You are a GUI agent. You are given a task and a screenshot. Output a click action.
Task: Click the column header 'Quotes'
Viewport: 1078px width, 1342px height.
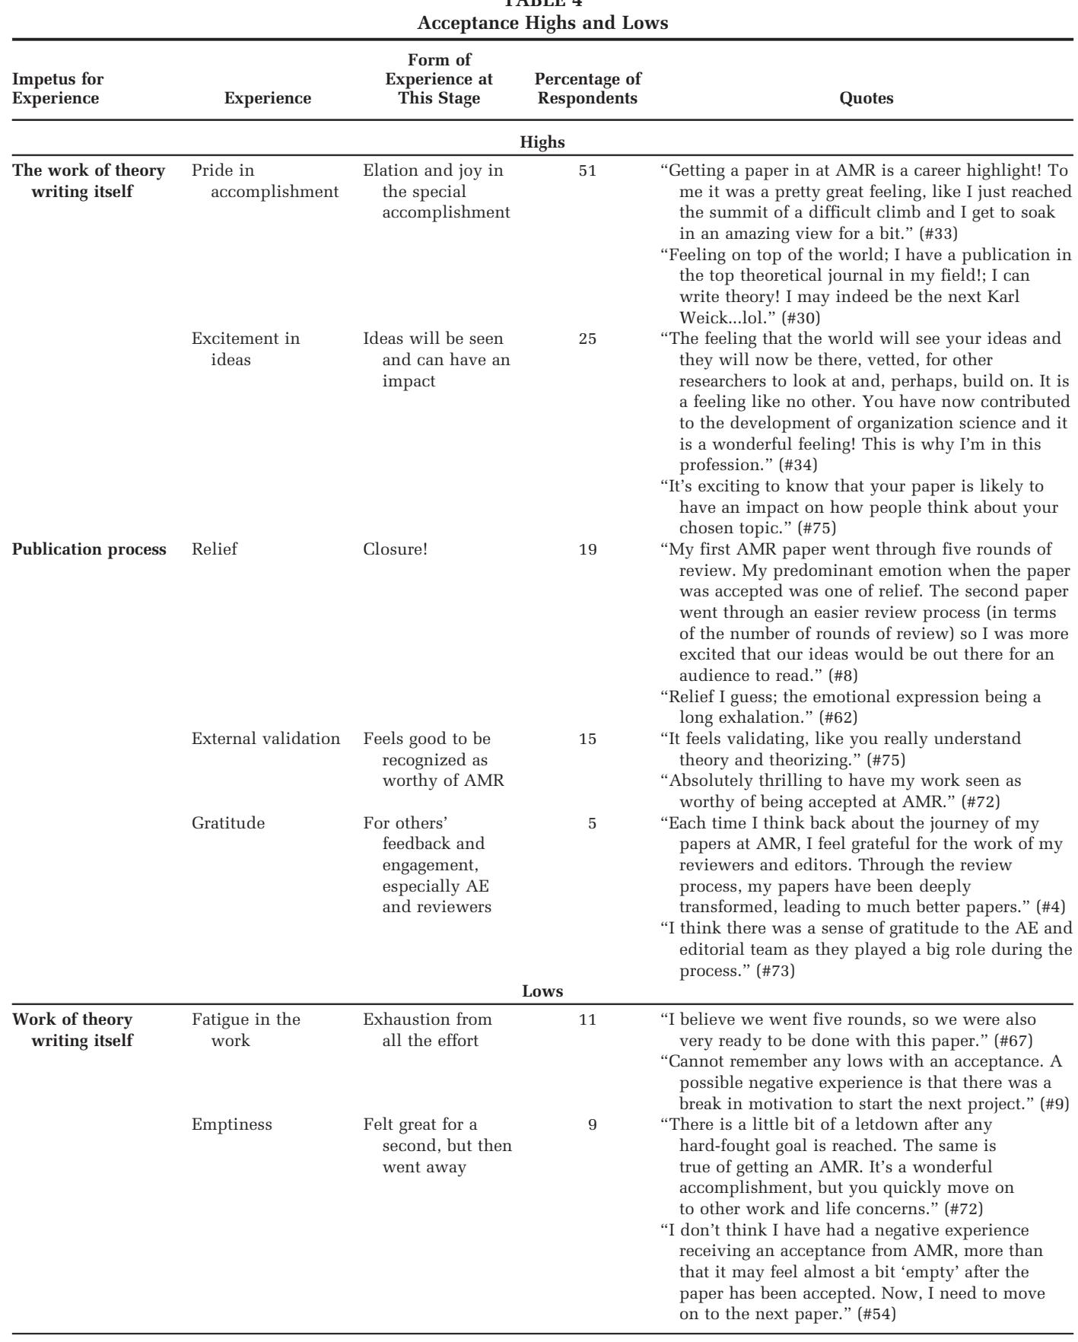[866, 98]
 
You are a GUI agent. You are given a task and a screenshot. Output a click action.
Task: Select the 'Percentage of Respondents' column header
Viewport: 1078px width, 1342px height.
[587, 88]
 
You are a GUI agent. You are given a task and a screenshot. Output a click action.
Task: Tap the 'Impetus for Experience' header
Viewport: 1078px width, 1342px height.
[58, 88]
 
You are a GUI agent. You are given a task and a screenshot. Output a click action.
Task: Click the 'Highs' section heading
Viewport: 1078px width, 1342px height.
[542, 141]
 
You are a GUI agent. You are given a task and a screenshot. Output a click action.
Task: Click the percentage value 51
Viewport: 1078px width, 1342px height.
[587, 170]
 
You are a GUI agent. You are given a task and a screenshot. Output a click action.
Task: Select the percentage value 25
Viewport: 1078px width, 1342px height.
[587, 339]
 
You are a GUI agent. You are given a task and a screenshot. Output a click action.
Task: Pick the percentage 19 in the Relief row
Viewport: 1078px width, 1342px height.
[587, 549]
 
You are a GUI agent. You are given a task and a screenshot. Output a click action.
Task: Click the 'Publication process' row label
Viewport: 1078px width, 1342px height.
[90, 549]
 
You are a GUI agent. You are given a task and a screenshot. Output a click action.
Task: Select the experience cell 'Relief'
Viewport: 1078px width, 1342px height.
[215, 549]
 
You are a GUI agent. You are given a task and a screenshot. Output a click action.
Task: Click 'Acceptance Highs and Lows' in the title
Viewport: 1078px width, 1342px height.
[542, 23]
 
